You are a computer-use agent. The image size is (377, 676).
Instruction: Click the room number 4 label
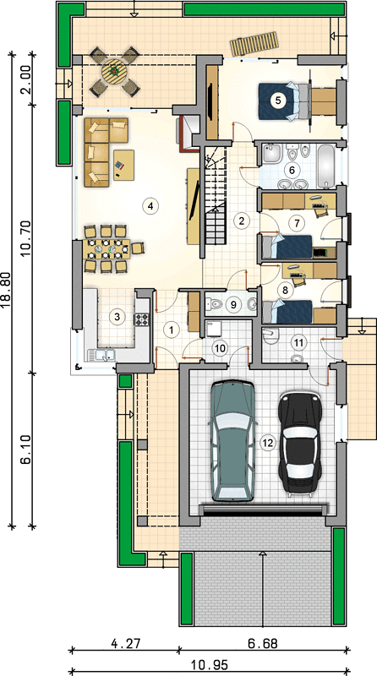(x=150, y=205)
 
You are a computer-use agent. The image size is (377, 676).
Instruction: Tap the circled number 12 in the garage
(x=268, y=443)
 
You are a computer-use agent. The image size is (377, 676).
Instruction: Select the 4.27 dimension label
(x=125, y=644)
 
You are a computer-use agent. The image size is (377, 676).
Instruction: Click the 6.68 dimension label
(x=263, y=644)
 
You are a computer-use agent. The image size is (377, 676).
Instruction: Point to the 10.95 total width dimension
(x=209, y=665)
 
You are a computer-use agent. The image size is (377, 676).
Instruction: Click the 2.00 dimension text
(x=26, y=80)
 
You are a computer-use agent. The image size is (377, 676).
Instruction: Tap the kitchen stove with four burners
(x=142, y=319)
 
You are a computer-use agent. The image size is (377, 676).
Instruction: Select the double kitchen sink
(x=101, y=355)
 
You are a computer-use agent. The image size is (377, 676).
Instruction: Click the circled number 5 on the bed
(x=278, y=101)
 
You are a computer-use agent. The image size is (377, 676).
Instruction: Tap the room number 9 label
(x=233, y=305)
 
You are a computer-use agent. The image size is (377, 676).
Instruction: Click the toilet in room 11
(x=270, y=335)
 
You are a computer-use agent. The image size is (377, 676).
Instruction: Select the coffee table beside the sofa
(x=123, y=165)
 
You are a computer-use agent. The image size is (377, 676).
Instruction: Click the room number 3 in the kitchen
(x=116, y=318)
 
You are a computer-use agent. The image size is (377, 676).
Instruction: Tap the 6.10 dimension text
(x=26, y=449)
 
